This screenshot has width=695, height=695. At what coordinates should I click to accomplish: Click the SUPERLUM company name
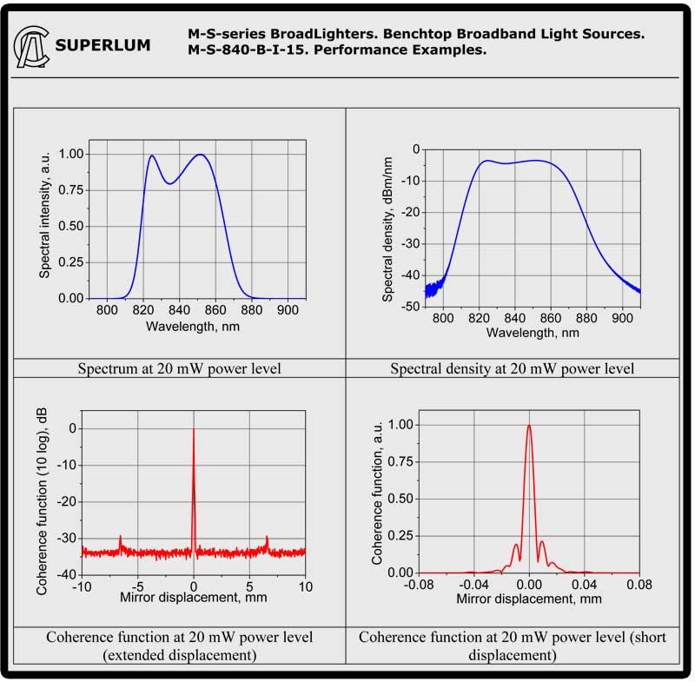(x=102, y=45)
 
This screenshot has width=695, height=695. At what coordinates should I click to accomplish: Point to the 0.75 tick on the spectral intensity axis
(x=72, y=189)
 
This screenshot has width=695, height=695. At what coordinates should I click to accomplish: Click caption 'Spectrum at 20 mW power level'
(x=179, y=368)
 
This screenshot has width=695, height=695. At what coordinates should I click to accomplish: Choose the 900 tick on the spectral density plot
(x=622, y=319)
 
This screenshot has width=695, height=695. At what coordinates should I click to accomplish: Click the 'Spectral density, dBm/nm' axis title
(x=388, y=227)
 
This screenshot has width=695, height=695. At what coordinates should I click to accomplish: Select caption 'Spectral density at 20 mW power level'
(x=513, y=368)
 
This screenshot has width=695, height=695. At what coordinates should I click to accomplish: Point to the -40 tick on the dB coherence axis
(x=64, y=575)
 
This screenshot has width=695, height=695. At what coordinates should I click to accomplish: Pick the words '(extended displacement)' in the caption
(x=179, y=654)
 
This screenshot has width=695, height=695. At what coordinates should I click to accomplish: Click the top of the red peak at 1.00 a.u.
(x=528, y=426)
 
